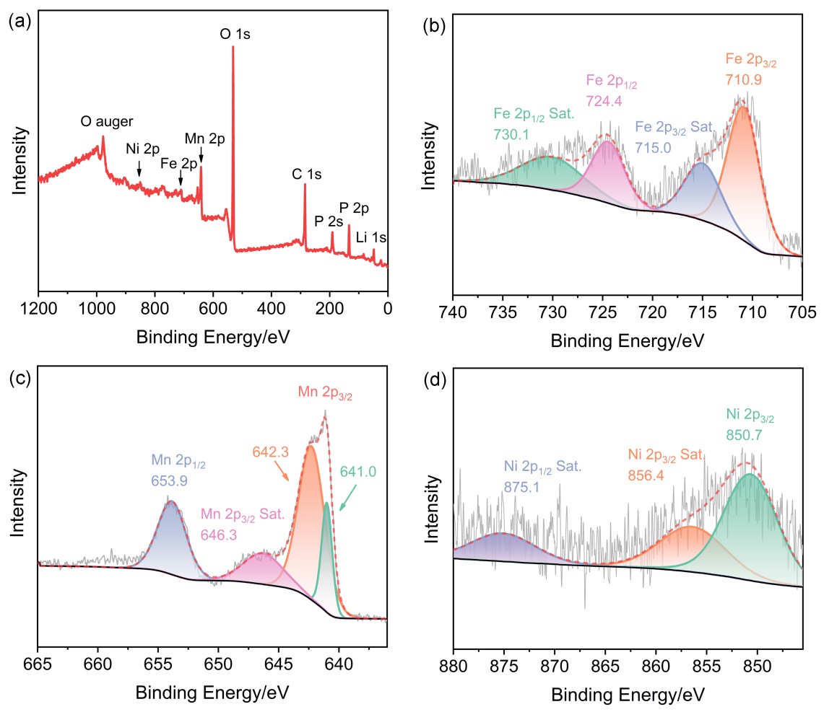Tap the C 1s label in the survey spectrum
point(306,174)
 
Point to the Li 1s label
point(371,237)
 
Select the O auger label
point(107,122)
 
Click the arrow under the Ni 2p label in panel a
point(139,168)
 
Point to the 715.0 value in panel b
point(653,147)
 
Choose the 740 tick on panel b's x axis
point(453,315)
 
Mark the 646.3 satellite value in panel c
point(220,536)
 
